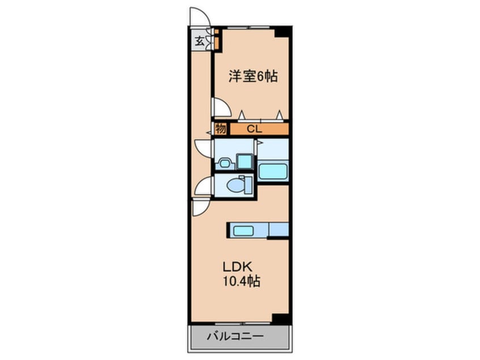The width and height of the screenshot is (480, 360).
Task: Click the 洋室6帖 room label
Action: (x=253, y=76)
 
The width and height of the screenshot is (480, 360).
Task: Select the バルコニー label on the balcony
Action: (x=238, y=336)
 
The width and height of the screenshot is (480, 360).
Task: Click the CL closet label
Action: (x=254, y=129)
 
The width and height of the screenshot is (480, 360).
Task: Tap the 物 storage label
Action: (x=221, y=129)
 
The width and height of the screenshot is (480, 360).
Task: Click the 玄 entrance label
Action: (x=200, y=40)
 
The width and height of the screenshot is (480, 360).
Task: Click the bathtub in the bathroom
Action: (x=273, y=171)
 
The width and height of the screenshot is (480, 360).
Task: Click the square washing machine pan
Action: (x=245, y=161)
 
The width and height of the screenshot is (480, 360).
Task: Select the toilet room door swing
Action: (x=203, y=186)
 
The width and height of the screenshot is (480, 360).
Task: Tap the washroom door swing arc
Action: (x=203, y=149)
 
